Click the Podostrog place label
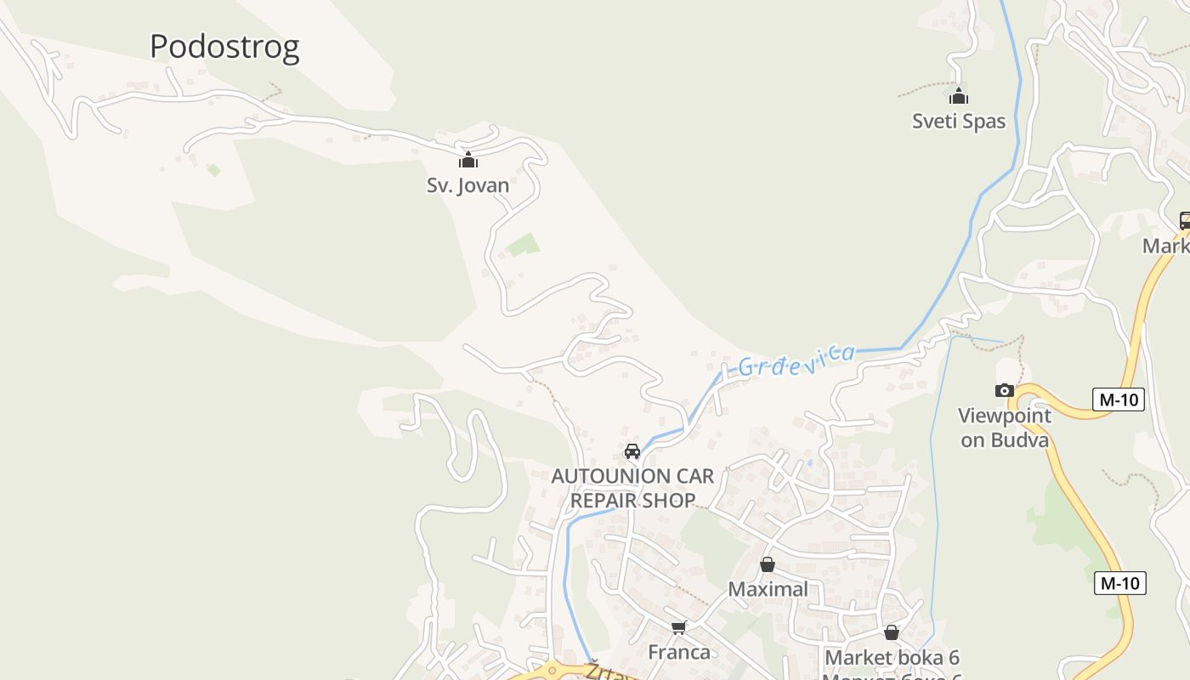(x=224, y=47)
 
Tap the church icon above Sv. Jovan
(x=468, y=160)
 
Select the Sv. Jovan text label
(x=468, y=184)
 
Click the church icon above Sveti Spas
(x=959, y=96)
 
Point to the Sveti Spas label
(x=959, y=121)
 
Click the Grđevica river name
(x=796, y=360)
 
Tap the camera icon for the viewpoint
(x=1005, y=390)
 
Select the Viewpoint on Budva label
(x=1005, y=428)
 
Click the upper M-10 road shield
(x=1119, y=399)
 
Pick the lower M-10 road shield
(x=1120, y=582)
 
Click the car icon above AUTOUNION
(x=632, y=451)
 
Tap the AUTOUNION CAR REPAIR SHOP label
(x=633, y=488)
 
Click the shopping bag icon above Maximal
(x=768, y=564)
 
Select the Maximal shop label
(x=768, y=589)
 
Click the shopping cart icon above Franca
(x=678, y=628)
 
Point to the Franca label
(x=679, y=652)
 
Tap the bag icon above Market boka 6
(x=892, y=632)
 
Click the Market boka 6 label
(x=892, y=657)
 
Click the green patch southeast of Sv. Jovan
(x=523, y=245)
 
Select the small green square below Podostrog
(x=213, y=170)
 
